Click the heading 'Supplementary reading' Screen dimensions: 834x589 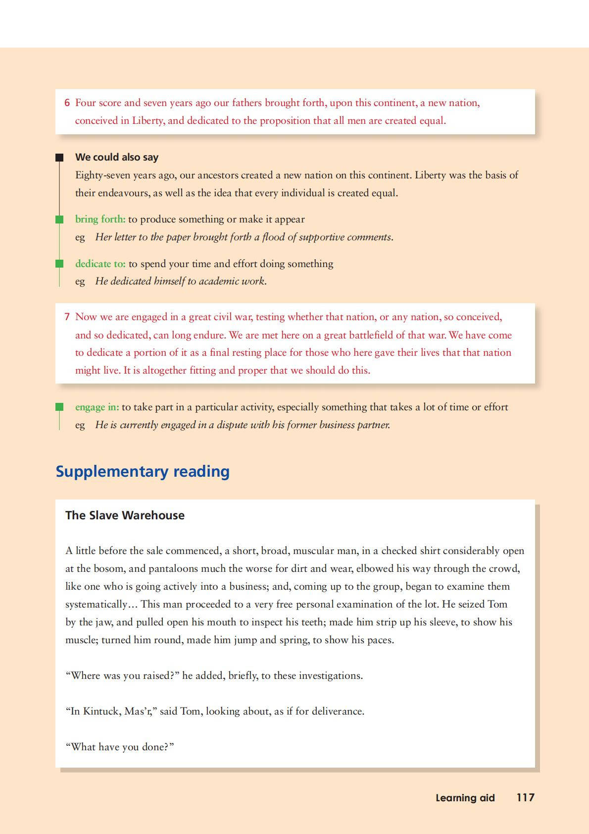tap(143, 471)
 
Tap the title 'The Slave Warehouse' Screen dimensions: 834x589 tap(125, 515)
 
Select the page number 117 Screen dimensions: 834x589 tap(525, 797)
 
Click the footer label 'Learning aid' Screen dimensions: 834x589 tap(465, 798)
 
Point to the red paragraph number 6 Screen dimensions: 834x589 tap(67, 103)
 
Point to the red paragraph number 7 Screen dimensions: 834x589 tap(67, 317)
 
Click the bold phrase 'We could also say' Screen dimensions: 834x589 tap(117, 157)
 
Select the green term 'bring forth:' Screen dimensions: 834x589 tap(100, 219)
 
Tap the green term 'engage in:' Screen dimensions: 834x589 tap(97, 407)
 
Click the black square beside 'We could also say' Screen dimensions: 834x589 tap(59, 158)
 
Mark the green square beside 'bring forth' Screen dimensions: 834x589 tap(59, 219)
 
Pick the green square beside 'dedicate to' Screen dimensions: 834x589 tap(59, 264)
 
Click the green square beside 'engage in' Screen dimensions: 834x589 tap(59, 407)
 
